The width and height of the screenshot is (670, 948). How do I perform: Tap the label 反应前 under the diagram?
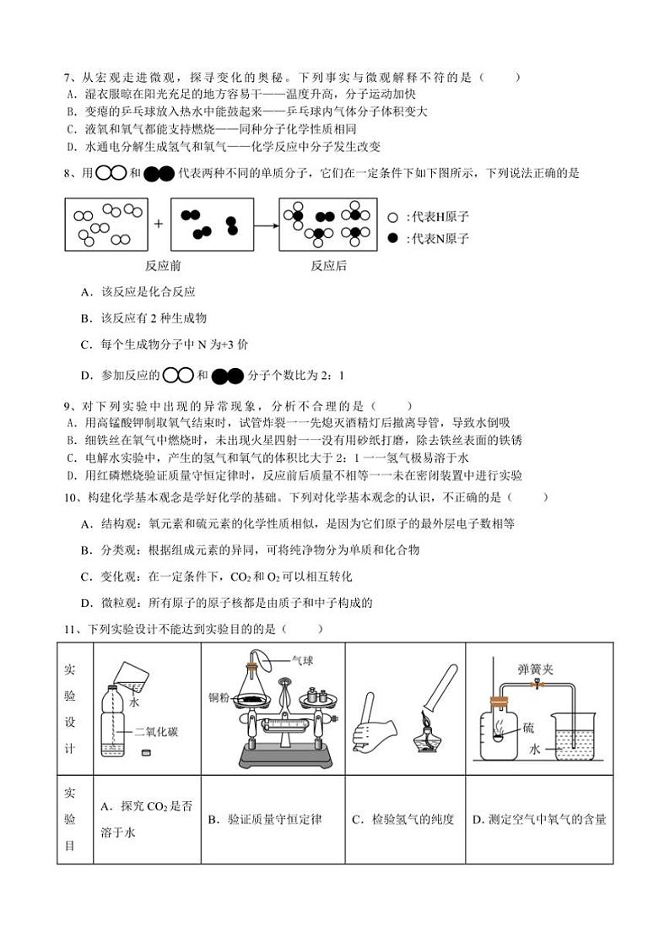pyautogui.click(x=163, y=265)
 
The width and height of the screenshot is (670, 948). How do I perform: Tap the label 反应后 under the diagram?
pyautogui.click(x=328, y=265)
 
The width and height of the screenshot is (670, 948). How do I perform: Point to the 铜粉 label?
pyautogui.click(x=219, y=697)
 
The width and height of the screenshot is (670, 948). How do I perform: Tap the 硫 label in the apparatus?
pyautogui.click(x=528, y=727)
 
